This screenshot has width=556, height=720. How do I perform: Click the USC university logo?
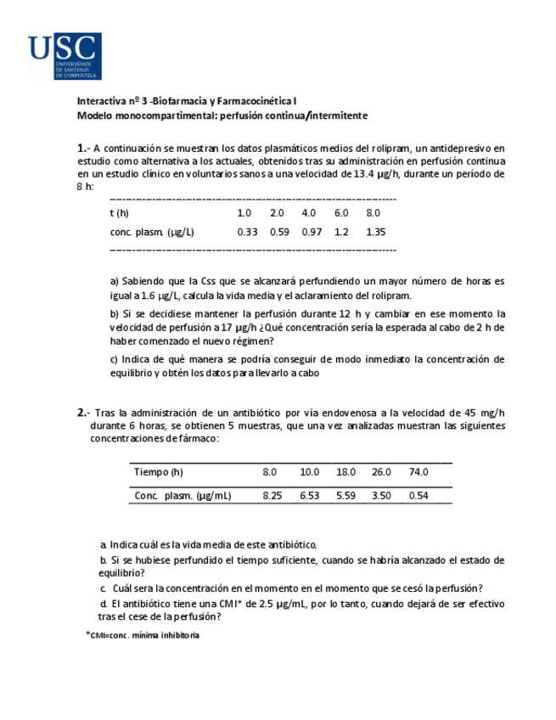pyautogui.click(x=65, y=56)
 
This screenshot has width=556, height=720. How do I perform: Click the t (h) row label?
pyautogui.click(x=120, y=212)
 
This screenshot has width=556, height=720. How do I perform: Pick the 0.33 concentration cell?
pyautogui.click(x=247, y=232)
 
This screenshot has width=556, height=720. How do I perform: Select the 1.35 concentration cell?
pyautogui.click(x=375, y=232)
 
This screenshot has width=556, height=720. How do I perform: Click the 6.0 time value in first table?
pyautogui.click(x=341, y=212)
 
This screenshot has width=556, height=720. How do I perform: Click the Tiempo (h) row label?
pyautogui.click(x=158, y=472)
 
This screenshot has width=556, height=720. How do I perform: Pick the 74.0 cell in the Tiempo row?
pyautogui.click(x=418, y=472)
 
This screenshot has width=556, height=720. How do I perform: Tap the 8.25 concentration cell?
pyautogui.click(x=272, y=495)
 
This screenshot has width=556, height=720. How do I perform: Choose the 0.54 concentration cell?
pyautogui.click(x=418, y=495)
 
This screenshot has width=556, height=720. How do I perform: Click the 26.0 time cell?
pyautogui.click(x=381, y=472)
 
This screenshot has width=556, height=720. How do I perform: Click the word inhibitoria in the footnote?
pyautogui.click(x=178, y=635)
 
